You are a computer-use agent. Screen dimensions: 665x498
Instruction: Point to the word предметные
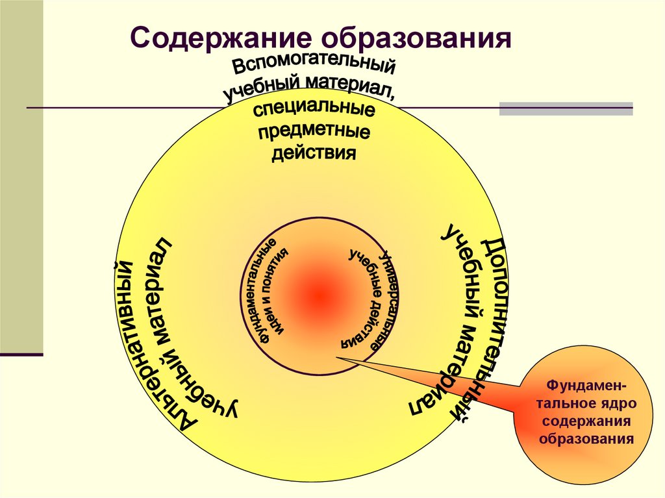[x=314, y=132]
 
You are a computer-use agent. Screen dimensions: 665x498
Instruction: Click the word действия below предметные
[x=314, y=155]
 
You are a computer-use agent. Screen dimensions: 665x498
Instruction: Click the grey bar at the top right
[x=566, y=108]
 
